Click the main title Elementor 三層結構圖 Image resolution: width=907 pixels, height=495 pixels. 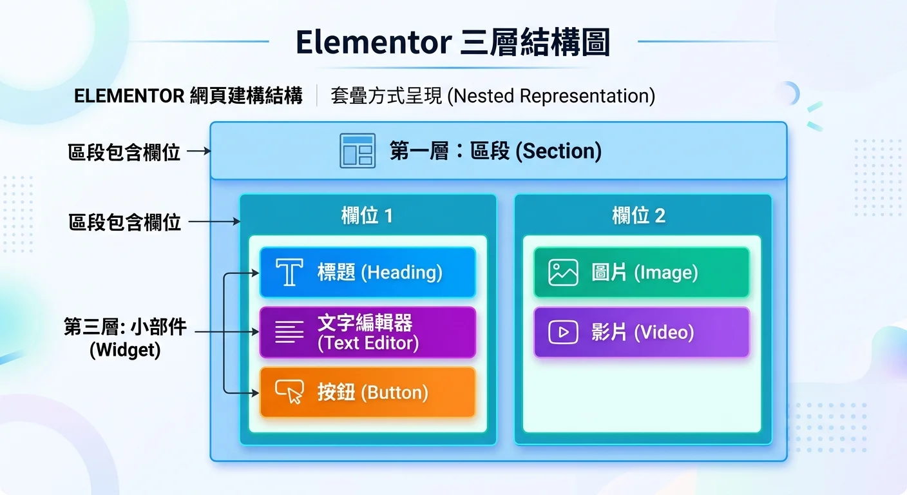[x=452, y=43]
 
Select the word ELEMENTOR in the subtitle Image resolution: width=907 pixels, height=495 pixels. [x=129, y=96]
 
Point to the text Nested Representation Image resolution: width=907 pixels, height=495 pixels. [x=550, y=96]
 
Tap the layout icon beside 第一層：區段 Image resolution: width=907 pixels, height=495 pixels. [x=357, y=151]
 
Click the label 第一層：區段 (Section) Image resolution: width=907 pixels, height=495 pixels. [x=495, y=151]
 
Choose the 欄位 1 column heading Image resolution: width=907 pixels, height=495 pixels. [x=367, y=216]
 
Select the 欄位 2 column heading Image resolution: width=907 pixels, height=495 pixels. [x=638, y=216]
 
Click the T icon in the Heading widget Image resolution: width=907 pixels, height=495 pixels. [x=289, y=273]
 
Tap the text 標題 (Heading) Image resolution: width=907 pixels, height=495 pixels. [x=379, y=273]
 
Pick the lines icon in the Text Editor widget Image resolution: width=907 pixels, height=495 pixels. [x=289, y=333]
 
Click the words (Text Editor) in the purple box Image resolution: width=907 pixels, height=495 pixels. [x=368, y=344]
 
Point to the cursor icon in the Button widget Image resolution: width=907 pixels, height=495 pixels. [x=289, y=392]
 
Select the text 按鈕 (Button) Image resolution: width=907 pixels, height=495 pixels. [x=372, y=393]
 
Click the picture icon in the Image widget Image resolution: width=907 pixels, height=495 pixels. [x=563, y=273]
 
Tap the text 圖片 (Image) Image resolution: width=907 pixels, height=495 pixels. [x=644, y=273]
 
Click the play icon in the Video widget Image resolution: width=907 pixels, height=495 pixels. [x=563, y=333]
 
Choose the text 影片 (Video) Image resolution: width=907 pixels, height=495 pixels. [x=642, y=333]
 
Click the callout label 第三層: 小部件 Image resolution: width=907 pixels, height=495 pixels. [x=125, y=327]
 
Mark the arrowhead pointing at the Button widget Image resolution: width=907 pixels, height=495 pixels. [x=255, y=391]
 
